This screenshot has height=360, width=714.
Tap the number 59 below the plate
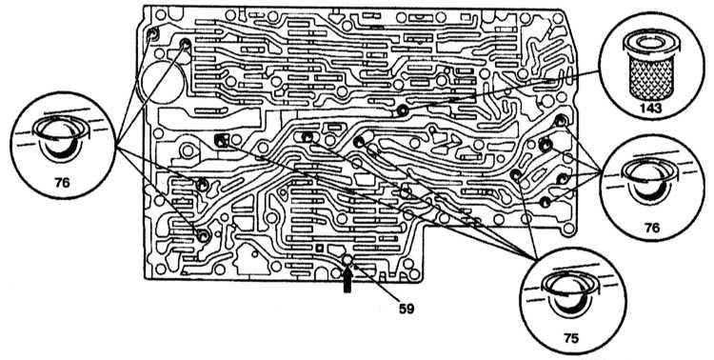407,309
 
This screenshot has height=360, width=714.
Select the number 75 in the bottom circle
571,338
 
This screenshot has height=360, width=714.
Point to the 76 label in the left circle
62,182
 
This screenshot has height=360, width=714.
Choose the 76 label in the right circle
652,228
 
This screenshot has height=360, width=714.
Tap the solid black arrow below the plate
347,279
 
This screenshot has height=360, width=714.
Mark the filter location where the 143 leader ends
402,110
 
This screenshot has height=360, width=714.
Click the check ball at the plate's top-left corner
152,34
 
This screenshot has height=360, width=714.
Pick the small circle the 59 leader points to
347,260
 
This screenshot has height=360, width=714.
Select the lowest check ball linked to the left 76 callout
203,235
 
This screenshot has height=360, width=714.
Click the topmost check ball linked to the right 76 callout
561,121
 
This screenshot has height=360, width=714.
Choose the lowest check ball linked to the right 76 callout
545,202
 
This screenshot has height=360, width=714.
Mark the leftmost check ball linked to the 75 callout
221,140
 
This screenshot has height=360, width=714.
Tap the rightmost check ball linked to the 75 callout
515,174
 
